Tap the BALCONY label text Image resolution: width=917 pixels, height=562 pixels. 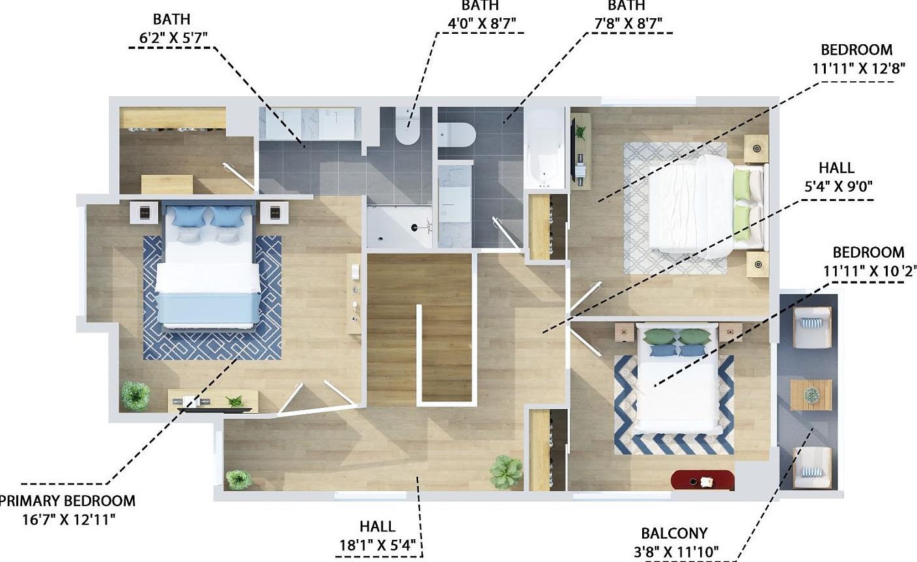tap(674, 534)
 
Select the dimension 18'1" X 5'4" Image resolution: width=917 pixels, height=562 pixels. tap(378, 544)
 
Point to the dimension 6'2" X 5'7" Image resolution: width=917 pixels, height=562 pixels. tap(173, 38)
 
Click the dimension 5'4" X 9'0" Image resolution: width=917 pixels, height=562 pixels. tap(838, 187)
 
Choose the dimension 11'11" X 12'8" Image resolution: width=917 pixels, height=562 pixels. tap(859, 68)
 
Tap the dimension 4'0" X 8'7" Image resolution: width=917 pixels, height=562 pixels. tap(481, 23)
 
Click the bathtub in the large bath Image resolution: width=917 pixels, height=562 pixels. tap(546, 150)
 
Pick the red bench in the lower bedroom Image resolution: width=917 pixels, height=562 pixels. tap(703, 481)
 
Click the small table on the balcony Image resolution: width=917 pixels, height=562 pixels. tap(811, 395)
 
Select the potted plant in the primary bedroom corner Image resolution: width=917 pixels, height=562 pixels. tap(135, 395)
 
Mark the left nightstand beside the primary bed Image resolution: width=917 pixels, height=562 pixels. tap(145, 211)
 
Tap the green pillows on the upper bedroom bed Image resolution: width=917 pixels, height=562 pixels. tap(742, 195)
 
